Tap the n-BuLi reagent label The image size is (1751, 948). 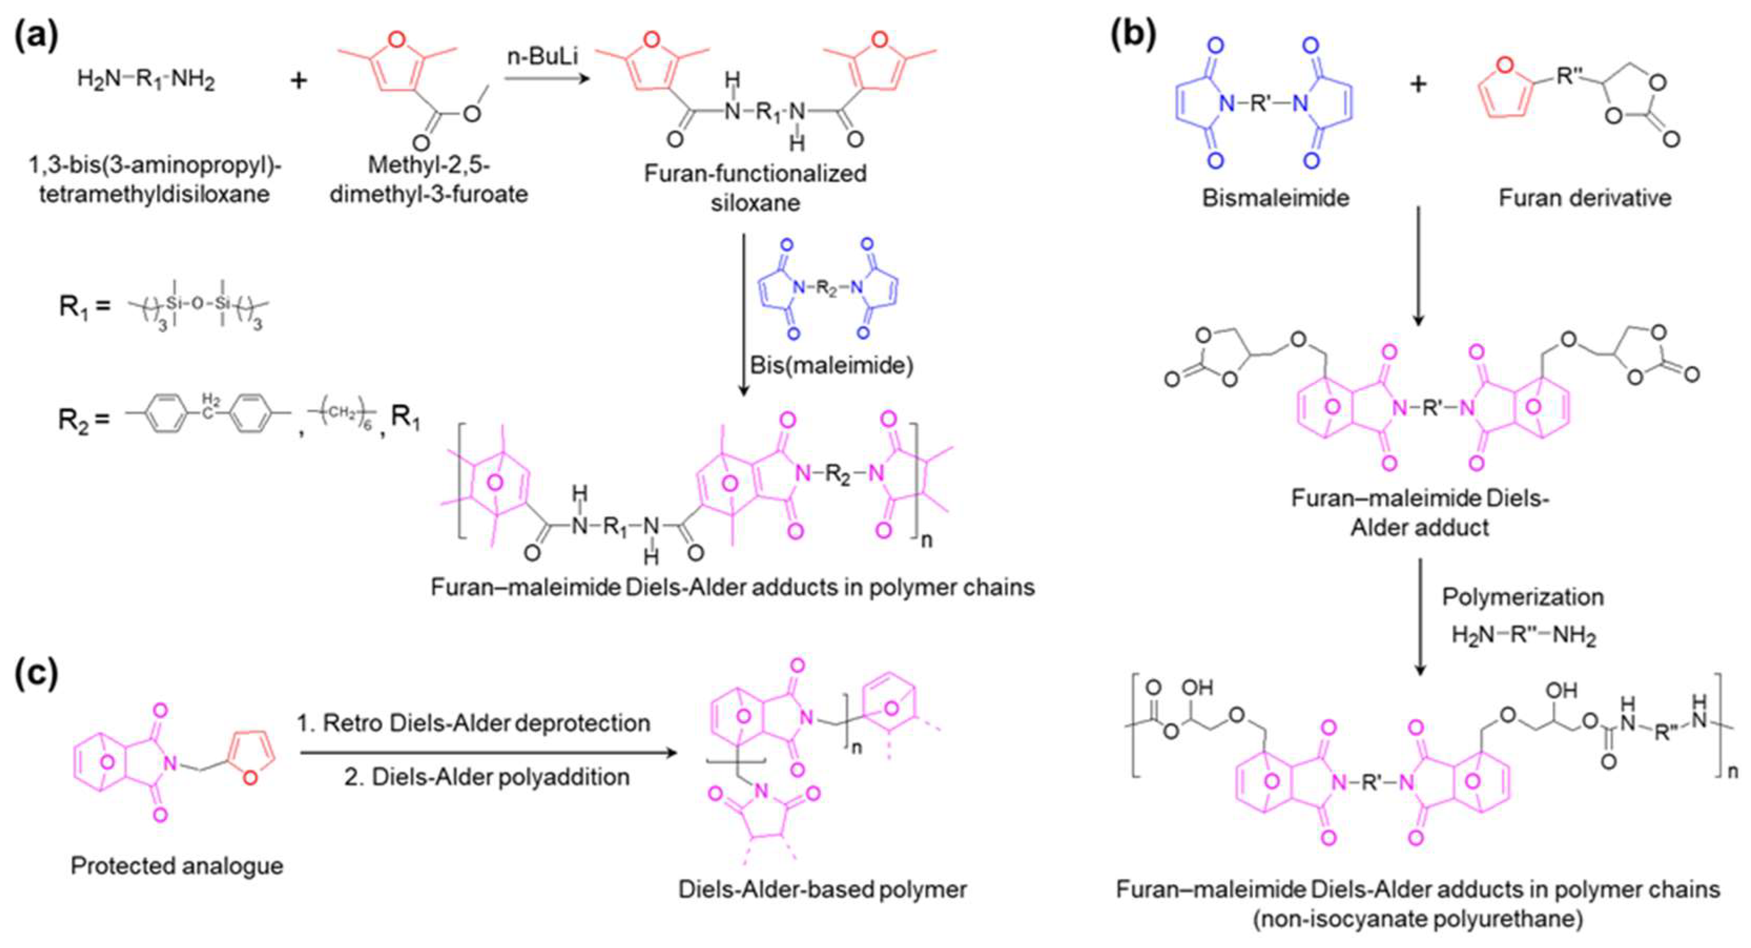[x=543, y=55]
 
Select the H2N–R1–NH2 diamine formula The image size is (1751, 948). [x=146, y=80]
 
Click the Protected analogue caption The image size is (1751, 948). [x=177, y=866]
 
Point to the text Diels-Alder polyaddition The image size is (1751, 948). [x=486, y=776]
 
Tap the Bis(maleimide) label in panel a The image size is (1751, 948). [x=831, y=366]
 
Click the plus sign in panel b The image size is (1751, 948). [x=1418, y=84]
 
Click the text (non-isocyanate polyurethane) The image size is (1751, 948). [x=1418, y=919]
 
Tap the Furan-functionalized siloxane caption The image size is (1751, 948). [x=755, y=187]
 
